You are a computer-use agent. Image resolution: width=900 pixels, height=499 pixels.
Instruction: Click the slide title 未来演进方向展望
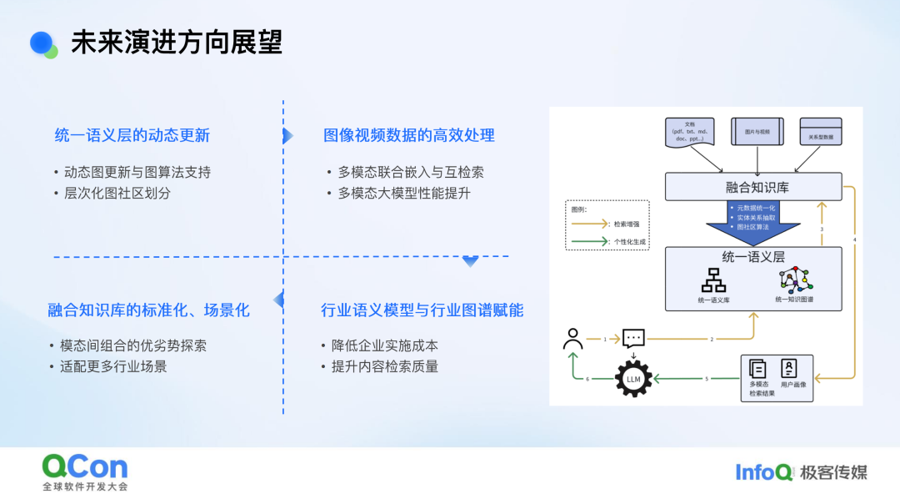(177, 43)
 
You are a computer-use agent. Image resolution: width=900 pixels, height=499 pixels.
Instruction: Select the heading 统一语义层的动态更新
(132, 135)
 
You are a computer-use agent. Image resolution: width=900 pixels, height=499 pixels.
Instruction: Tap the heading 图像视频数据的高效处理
(409, 135)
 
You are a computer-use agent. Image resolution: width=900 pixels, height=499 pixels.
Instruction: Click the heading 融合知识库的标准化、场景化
(148, 310)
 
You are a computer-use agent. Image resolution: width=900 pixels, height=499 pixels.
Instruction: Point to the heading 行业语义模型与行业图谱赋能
(422, 310)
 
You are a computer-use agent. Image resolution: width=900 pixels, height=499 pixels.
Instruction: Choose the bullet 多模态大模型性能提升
(404, 193)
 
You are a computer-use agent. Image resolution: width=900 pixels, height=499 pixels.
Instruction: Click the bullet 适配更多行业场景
(113, 366)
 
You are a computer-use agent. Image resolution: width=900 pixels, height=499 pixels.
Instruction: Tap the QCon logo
(85, 466)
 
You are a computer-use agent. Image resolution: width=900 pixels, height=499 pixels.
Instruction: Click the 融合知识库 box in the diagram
(752, 187)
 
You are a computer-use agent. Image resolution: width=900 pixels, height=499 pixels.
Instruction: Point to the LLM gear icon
(632, 381)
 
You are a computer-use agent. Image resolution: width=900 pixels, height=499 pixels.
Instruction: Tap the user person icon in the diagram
(572, 338)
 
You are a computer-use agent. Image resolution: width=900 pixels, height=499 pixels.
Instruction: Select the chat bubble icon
(633, 339)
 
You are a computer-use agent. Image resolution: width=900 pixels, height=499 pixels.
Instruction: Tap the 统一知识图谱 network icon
(796, 280)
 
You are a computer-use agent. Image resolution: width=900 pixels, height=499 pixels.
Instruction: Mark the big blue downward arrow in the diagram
(752, 224)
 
